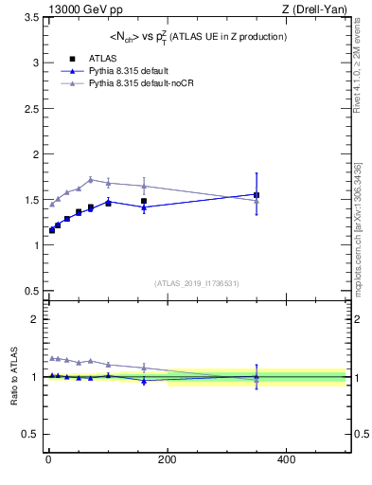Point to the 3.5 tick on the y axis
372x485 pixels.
coord(30,17)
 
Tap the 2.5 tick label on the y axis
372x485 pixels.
coord(30,108)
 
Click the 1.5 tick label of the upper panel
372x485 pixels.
coord(30,200)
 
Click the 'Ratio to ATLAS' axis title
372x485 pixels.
coord(12,376)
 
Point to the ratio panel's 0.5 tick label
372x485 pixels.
coord(30,435)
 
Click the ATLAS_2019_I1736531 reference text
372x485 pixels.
coord(196,283)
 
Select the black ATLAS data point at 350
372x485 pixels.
coord(257,195)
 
